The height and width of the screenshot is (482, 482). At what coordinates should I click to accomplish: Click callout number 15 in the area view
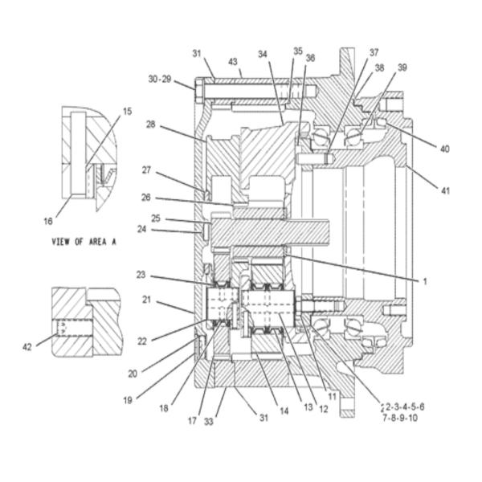(127, 112)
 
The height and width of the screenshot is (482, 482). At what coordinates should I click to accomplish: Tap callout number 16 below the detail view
(48, 221)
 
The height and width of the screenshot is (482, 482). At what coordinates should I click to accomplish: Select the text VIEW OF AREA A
(84, 242)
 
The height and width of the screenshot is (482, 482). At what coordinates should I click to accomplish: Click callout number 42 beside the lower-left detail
(27, 347)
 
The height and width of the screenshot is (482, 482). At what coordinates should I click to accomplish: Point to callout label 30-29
(160, 79)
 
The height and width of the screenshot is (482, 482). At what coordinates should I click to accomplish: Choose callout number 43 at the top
(233, 62)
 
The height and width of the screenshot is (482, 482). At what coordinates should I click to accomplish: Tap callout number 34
(263, 55)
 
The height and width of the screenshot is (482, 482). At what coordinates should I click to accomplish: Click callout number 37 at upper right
(374, 52)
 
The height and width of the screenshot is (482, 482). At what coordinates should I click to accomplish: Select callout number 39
(402, 67)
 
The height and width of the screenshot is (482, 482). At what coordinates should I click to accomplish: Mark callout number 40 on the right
(445, 149)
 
